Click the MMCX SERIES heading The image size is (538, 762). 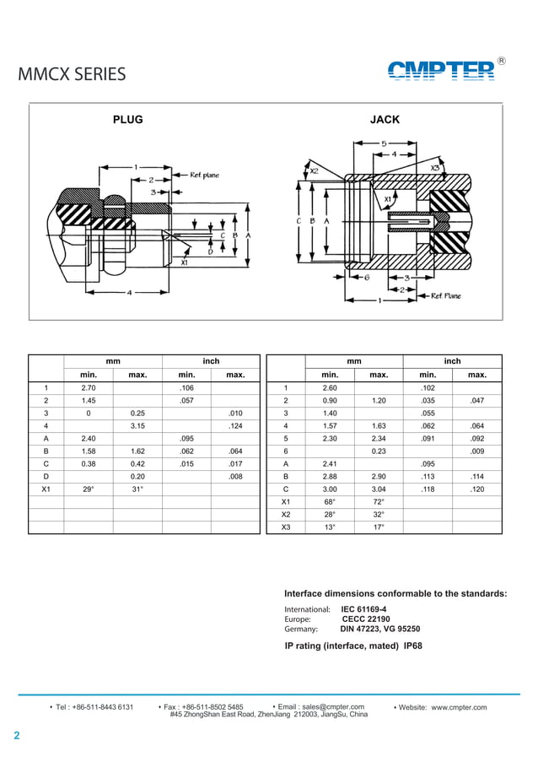tap(72, 74)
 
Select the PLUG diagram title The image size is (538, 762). tap(128, 120)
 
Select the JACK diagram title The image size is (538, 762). tap(385, 120)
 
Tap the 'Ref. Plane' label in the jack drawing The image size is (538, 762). tap(446, 296)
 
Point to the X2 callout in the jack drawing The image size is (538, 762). tap(314, 170)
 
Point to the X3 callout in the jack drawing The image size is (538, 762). tap(436, 168)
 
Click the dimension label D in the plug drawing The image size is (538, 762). tap(210, 251)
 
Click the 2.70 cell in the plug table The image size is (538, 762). tap(88, 387)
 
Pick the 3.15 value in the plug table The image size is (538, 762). tap(137, 426)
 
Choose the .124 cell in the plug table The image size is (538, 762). tap(235, 426)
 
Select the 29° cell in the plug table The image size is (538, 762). tap(88, 489)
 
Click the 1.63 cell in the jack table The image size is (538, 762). tap(379, 426)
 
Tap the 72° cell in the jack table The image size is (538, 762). tap(379, 502)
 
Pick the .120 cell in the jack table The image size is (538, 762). tap(476, 489)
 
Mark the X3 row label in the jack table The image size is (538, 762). tap(286, 527)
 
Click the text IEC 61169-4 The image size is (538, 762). tap(363, 608)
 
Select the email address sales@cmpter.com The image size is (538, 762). tap(332, 706)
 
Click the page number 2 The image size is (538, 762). tap(16, 736)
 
